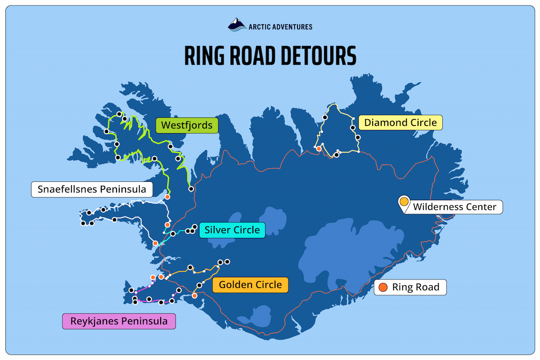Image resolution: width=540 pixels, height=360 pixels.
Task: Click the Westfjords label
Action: [187, 125]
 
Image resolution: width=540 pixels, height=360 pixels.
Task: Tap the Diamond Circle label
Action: [400, 122]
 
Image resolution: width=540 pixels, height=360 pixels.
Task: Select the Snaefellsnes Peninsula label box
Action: [92, 189]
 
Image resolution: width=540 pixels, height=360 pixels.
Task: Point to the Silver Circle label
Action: [232, 230]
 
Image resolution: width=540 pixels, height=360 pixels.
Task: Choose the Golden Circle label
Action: [250, 285]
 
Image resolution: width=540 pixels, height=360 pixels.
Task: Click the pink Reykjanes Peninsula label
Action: [119, 321]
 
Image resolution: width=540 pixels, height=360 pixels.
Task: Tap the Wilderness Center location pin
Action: [404, 202]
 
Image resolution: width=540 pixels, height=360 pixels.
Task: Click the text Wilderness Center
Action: [454, 207]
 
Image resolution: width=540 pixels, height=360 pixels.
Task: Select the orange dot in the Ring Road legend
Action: [383, 287]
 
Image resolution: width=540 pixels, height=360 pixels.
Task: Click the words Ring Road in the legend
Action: [415, 287]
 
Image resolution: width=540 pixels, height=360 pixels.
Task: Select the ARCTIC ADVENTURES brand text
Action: [280, 27]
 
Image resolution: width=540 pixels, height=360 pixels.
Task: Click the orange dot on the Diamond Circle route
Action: [319, 148]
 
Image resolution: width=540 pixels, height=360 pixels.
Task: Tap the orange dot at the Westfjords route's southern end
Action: [167, 197]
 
